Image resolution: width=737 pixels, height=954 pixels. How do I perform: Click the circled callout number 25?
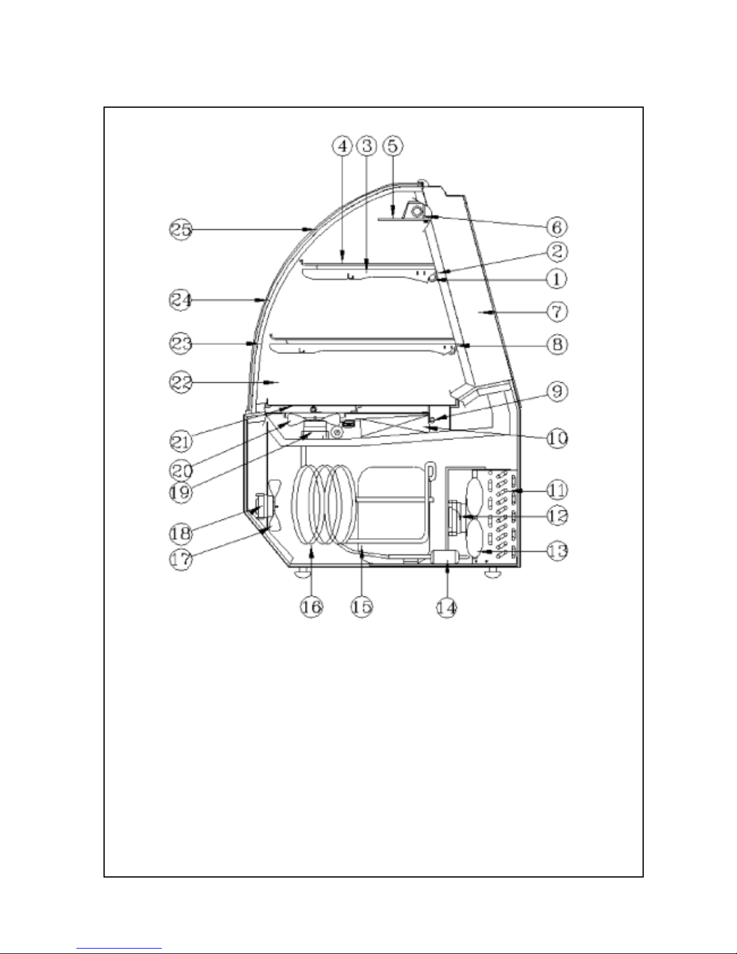(x=180, y=229)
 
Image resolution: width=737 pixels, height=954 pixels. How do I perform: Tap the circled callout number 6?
(x=557, y=227)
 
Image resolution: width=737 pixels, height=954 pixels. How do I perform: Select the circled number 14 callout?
(x=446, y=608)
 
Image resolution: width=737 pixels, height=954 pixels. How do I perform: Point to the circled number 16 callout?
(x=312, y=607)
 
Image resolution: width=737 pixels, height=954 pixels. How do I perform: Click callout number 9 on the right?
(x=557, y=391)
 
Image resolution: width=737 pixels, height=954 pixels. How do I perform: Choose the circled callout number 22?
(x=180, y=382)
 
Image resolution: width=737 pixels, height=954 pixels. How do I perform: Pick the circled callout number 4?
(x=342, y=146)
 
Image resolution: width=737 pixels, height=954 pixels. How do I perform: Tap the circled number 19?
(x=180, y=492)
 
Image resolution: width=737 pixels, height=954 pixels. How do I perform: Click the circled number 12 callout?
(x=557, y=516)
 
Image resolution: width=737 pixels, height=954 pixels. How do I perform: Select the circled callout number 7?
(x=557, y=312)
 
